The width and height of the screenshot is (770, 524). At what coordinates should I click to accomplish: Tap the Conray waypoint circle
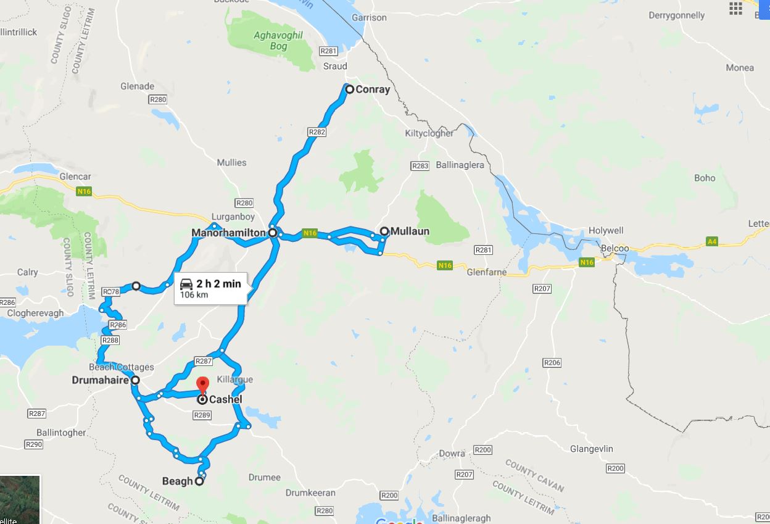point(349,89)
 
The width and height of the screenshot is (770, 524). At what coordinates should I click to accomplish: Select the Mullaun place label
point(410,231)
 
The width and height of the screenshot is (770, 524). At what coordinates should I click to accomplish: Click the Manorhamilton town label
point(228,233)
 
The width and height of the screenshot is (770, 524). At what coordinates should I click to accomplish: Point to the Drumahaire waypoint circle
point(135,380)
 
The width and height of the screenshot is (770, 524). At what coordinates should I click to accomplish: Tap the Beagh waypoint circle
point(199,481)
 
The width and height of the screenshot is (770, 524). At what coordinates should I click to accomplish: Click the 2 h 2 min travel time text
point(218,284)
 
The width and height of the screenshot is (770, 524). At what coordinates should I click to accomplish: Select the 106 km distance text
point(194,295)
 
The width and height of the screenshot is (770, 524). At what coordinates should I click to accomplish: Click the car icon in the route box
point(186,285)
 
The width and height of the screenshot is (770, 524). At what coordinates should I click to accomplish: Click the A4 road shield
point(712,241)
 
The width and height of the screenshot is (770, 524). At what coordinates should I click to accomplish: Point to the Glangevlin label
point(592,449)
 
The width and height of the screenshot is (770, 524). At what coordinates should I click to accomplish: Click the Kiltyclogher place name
point(429,133)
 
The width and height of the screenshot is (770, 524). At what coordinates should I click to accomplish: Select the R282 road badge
point(317,132)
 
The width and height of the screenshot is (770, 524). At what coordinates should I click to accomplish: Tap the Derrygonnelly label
point(677,15)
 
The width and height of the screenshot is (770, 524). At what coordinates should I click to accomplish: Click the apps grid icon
point(735,8)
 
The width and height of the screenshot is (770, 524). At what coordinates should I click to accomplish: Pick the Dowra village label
point(452,453)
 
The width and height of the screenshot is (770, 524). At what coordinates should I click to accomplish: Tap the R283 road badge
point(420,166)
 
